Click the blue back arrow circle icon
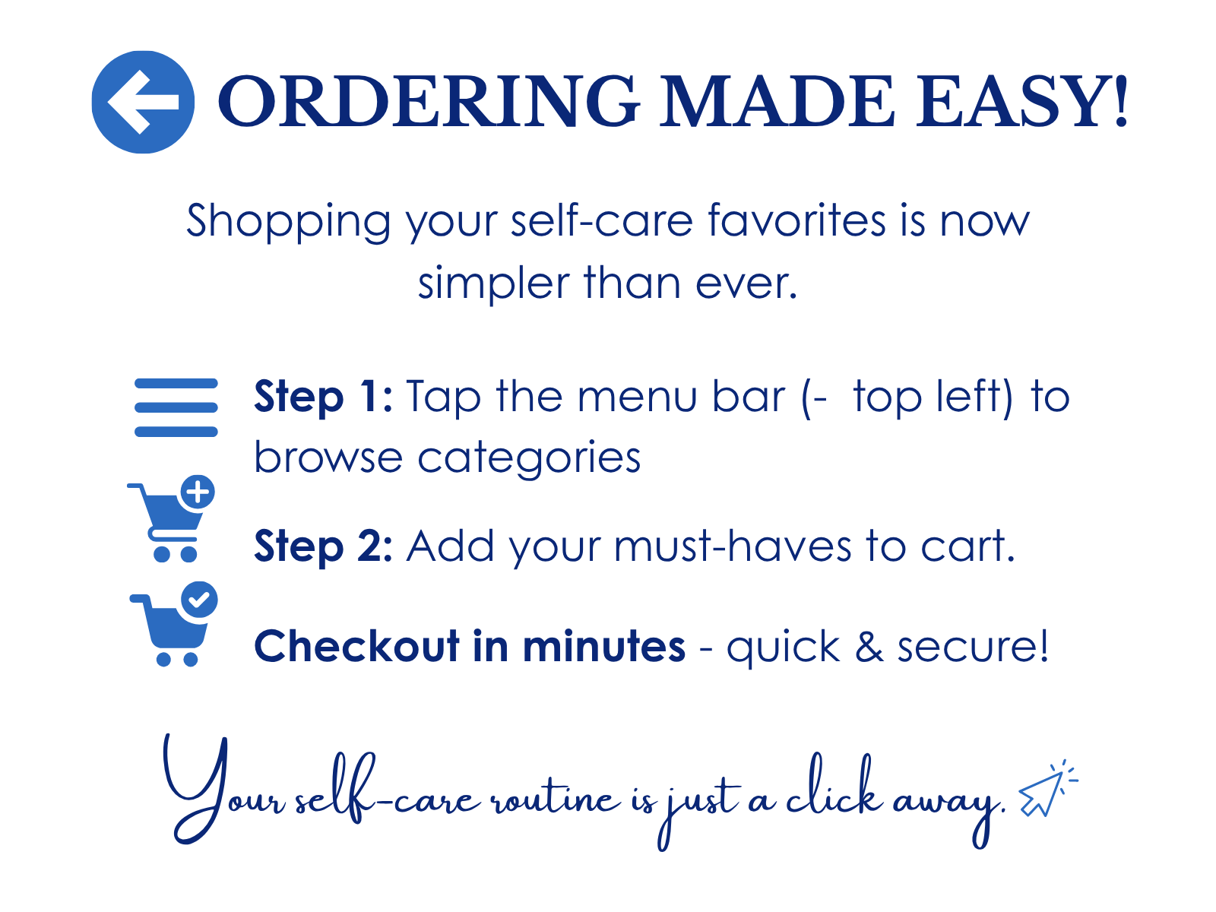pos(143,102)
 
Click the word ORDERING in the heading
pos(429,102)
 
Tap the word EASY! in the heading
pos(1021,102)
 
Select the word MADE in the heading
pos(777,102)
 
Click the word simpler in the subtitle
pos(493,283)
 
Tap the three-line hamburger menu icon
pos(176,407)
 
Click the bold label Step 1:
pos(324,397)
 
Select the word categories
pos(529,458)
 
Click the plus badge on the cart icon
pos(198,492)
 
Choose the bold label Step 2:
pos(324,546)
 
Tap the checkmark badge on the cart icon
pos(199,599)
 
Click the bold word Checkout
pos(356,646)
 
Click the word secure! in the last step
pos(973,646)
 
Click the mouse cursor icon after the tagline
pos(1048,789)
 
